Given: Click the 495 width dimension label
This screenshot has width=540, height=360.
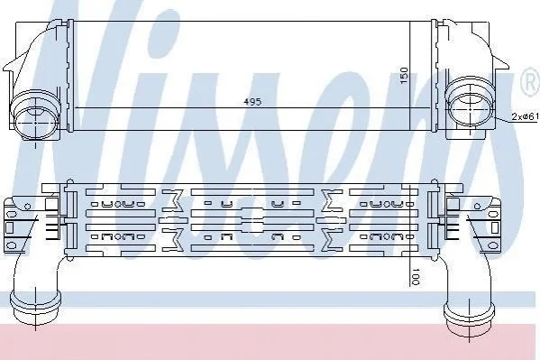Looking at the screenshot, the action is tap(252, 102).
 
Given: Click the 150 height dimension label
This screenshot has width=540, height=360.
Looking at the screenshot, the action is tap(404, 76).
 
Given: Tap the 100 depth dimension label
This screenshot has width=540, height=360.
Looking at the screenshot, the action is tap(416, 277).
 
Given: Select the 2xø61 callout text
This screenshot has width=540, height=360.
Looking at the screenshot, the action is tap(525, 117).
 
